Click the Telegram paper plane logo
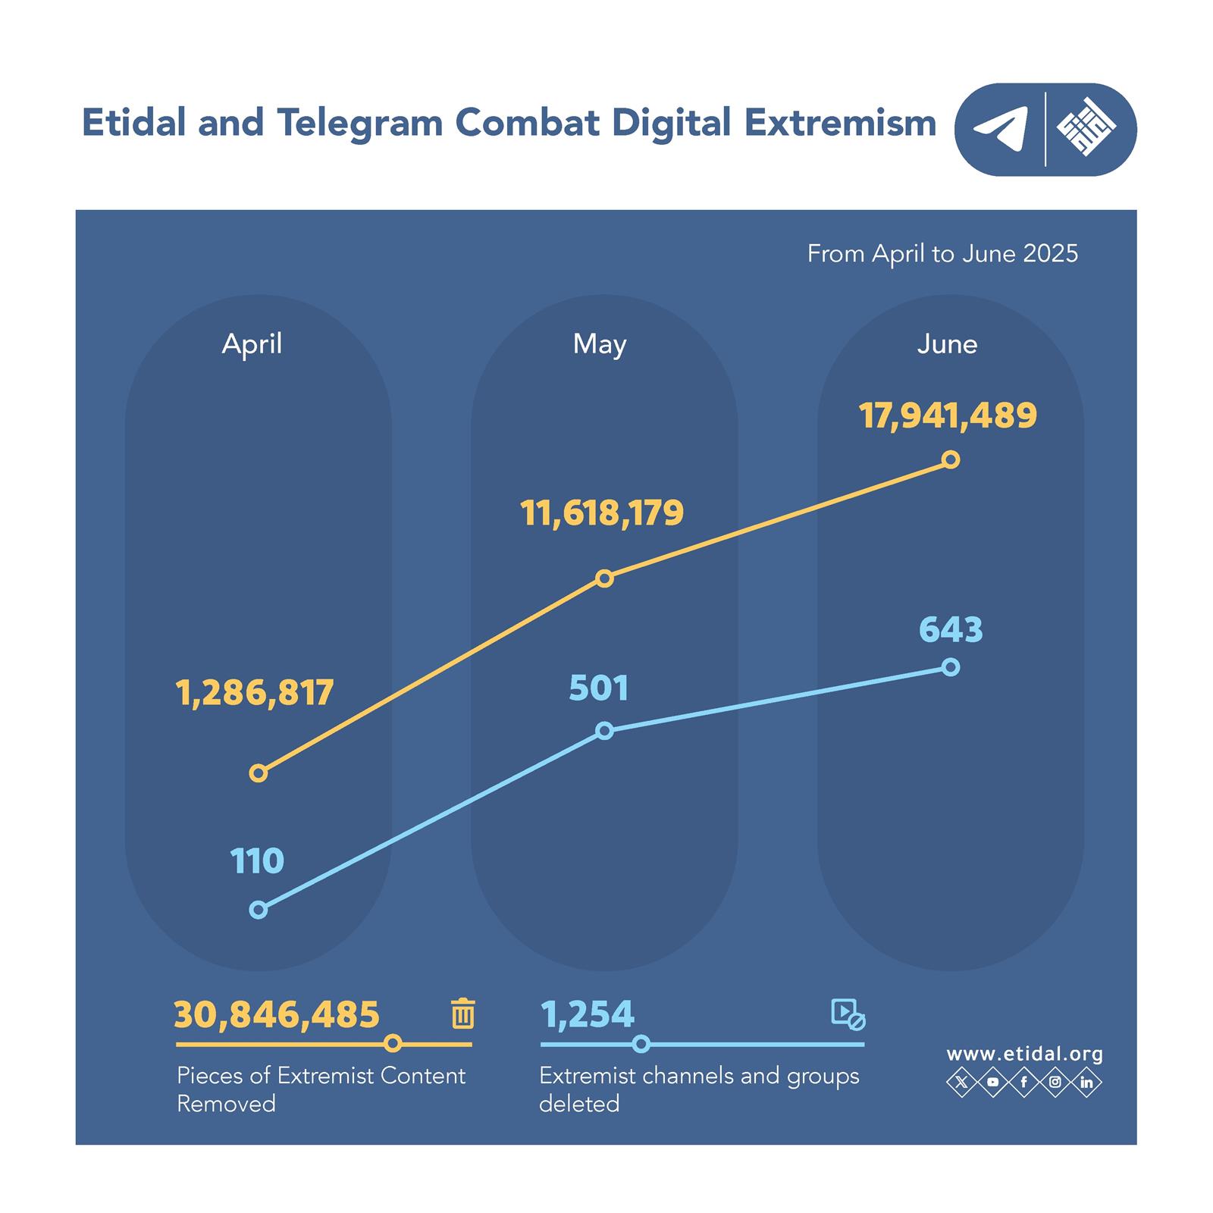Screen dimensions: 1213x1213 click(x=1001, y=129)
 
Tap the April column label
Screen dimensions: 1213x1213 click(x=252, y=344)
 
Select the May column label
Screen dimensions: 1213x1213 click(x=600, y=344)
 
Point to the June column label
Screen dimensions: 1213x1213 click(x=947, y=344)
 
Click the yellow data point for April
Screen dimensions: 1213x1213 click(x=259, y=773)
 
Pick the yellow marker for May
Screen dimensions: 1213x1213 click(x=604, y=578)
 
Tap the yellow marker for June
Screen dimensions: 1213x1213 click(x=951, y=459)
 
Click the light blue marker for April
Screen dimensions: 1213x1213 click(x=259, y=910)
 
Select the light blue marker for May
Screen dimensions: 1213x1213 click(x=604, y=731)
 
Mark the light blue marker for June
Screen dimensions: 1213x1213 click(x=951, y=667)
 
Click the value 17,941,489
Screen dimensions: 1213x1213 click(x=948, y=416)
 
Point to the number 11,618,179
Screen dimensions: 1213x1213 click(x=602, y=514)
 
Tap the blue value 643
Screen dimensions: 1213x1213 click(x=951, y=630)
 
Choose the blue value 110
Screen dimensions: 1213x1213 click(x=257, y=862)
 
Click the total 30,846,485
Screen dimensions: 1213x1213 click(x=277, y=1014)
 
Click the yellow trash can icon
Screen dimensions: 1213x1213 click(x=462, y=1014)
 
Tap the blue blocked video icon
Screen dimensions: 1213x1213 click(x=848, y=1014)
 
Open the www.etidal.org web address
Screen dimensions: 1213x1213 click(x=1024, y=1054)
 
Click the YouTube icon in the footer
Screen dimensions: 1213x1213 click(x=993, y=1082)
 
